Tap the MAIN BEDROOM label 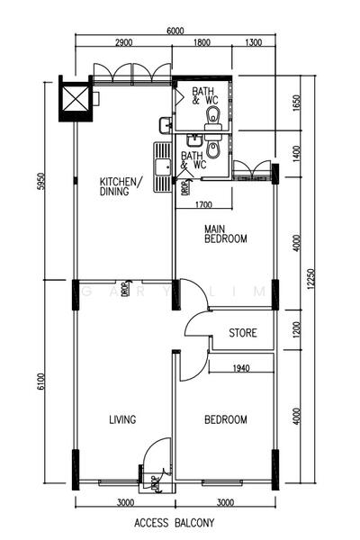(225, 234)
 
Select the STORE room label (242, 333)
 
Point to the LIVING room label (122, 419)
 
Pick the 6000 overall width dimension (176, 31)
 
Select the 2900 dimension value (125, 42)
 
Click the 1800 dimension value (202, 42)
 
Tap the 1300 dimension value (253, 42)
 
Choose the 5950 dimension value (40, 183)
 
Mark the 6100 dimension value (40, 384)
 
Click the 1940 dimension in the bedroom (240, 368)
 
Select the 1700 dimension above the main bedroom (203, 204)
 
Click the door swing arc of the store (196, 326)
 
